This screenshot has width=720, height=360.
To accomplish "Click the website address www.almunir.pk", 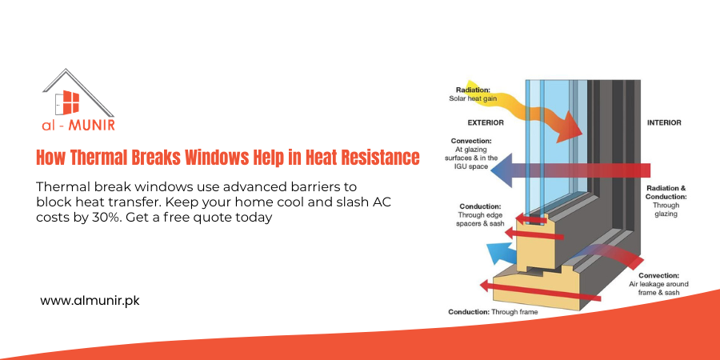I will [x=90, y=301].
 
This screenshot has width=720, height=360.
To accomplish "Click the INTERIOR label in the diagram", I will [x=663, y=122].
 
